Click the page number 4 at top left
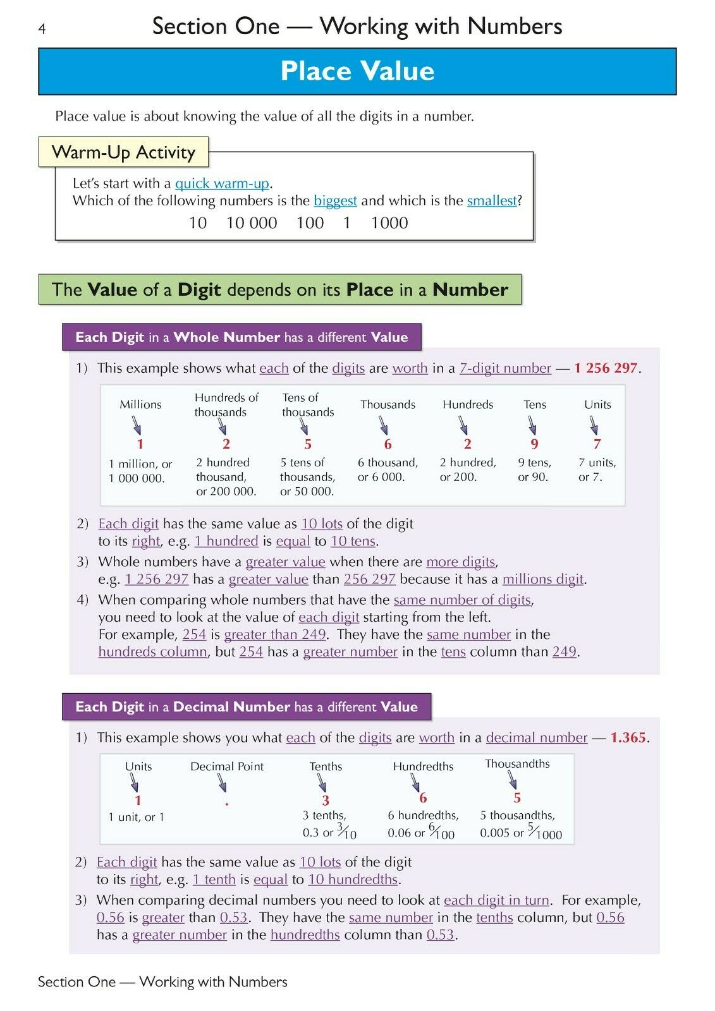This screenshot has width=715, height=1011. (42, 29)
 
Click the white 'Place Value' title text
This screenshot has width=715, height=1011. (357, 71)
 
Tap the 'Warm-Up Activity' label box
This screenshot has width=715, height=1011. (123, 152)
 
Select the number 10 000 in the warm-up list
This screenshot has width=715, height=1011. (252, 223)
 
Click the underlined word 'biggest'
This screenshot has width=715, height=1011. (335, 201)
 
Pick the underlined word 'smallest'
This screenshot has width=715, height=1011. (492, 201)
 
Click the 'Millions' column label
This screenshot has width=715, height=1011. (140, 404)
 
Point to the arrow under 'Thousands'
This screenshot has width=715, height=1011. (384, 425)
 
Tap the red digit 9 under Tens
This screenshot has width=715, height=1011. (534, 444)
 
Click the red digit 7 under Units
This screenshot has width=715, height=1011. (597, 444)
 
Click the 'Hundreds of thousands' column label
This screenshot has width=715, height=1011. (226, 404)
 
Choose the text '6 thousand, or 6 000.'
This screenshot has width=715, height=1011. (388, 470)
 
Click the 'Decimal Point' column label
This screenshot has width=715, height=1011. (227, 766)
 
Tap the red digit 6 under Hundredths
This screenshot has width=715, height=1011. (423, 798)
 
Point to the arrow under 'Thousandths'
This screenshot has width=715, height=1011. (512, 781)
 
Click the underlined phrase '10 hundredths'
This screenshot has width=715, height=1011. (353, 880)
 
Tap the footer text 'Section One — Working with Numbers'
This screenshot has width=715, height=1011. (162, 982)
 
